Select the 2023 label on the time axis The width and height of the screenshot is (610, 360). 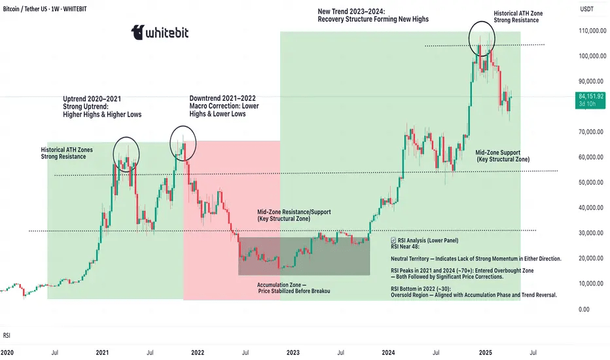click(293, 351)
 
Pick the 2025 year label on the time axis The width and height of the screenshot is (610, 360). click(484, 351)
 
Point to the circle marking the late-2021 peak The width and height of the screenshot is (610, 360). click(185, 143)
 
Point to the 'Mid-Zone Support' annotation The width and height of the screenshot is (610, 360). click(501, 152)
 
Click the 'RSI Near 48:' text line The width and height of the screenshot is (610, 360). click(406, 248)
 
